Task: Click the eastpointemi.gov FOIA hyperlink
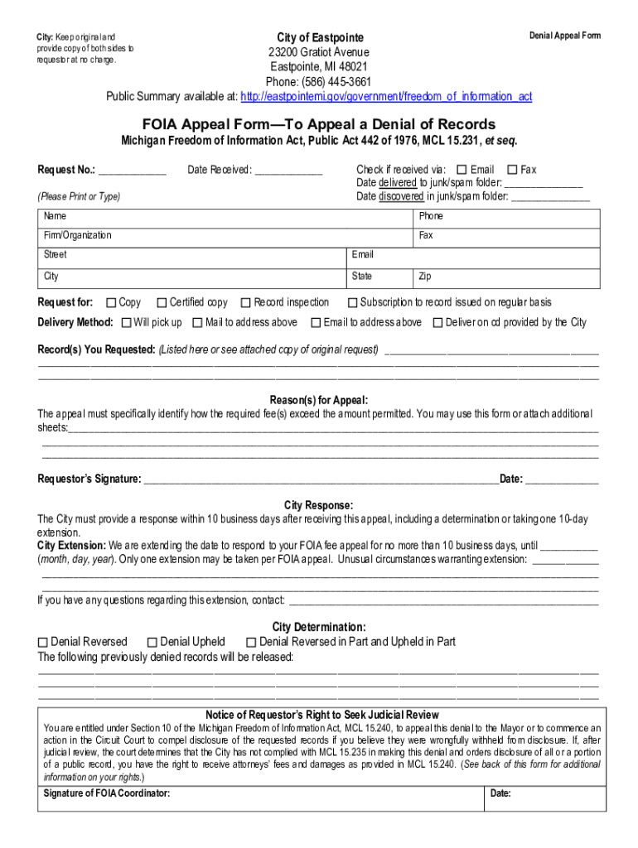[386, 97]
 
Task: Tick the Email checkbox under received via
[462, 170]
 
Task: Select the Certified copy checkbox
[162, 303]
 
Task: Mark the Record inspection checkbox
[245, 303]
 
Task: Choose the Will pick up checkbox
[126, 323]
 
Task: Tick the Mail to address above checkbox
[198, 323]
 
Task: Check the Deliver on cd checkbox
[437, 323]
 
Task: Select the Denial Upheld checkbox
[152, 643]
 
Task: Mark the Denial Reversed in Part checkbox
[251, 643]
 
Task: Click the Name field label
[56, 216]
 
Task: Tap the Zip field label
[425, 277]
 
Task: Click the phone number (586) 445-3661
[319, 82]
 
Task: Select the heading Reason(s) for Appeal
[319, 400]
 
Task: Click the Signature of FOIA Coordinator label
[106, 793]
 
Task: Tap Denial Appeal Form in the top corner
[565, 36]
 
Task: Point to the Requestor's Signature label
[89, 479]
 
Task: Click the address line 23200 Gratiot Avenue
[319, 52]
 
